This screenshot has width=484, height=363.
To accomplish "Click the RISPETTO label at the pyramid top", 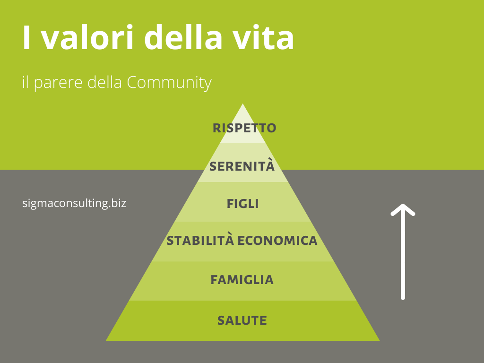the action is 244,128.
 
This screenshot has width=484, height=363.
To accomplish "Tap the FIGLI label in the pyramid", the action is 242,204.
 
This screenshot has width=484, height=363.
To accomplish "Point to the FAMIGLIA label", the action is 242,280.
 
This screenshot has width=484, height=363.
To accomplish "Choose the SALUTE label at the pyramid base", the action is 242,320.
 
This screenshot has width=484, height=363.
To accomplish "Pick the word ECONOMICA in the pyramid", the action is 277,241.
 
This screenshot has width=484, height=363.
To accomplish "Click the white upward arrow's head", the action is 403,210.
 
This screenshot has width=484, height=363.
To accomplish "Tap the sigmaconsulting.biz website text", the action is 74,203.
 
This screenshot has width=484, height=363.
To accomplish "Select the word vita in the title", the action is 263,38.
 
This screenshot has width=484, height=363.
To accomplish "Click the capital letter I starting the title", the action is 26,38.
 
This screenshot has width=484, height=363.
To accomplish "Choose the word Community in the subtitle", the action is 169,82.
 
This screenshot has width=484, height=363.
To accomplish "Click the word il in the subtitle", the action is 26,82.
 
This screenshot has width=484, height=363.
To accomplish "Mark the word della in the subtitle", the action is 105,82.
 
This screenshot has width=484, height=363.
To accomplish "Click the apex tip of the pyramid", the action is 242,104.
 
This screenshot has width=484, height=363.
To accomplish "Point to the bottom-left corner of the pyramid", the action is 106,341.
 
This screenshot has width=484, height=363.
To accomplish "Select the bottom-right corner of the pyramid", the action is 380,341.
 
